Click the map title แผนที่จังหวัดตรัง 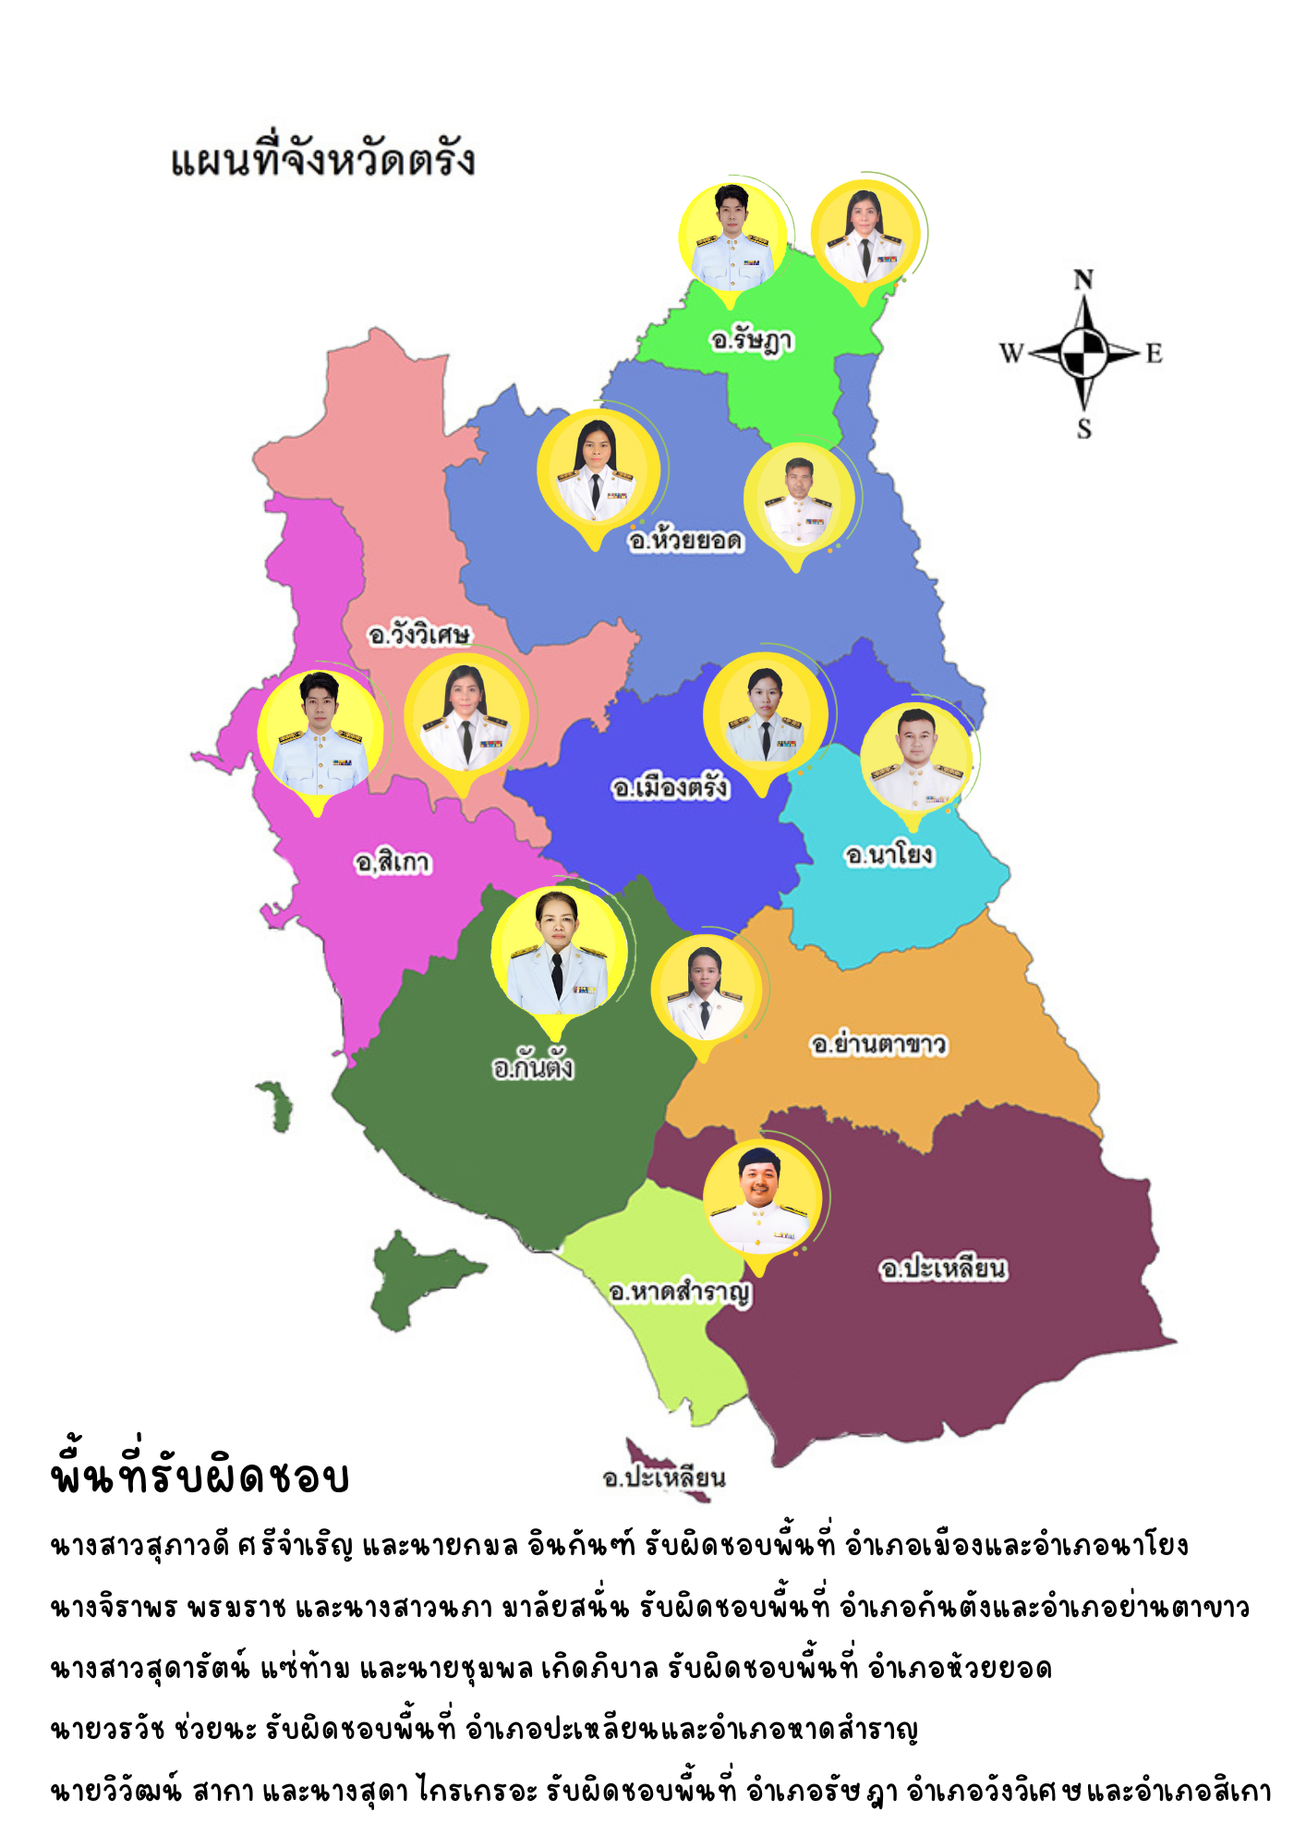pyautogui.click(x=322, y=160)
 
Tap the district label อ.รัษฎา pyautogui.click(x=751, y=341)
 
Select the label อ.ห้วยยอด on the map pyautogui.click(x=685, y=540)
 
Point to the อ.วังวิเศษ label pyautogui.click(x=418, y=635)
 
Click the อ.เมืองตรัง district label pyautogui.click(x=670, y=787)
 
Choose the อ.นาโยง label pyautogui.click(x=889, y=855)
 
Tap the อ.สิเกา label pyautogui.click(x=393, y=862)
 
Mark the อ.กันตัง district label pyautogui.click(x=533, y=1068)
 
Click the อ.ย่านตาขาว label pyautogui.click(x=878, y=1045)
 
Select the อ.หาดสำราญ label pyautogui.click(x=680, y=1292)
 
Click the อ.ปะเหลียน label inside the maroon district pyautogui.click(x=942, y=1269)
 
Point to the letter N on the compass pyautogui.click(x=1083, y=280)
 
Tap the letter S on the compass pyautogui.click(x=1084, y=429)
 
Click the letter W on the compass pyautogui.click(x=1011, y=353)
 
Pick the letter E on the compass pyautogui.click(x=1155, y=353)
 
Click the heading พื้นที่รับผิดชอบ pyautogui.click(x=200, y=1476)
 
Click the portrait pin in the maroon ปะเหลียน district pyautogui.click(x=762, y=1199)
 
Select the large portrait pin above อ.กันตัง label pyautogui.click(x=558, y=952)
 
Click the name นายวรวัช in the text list pyautogui.click(x=108, y=1730)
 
